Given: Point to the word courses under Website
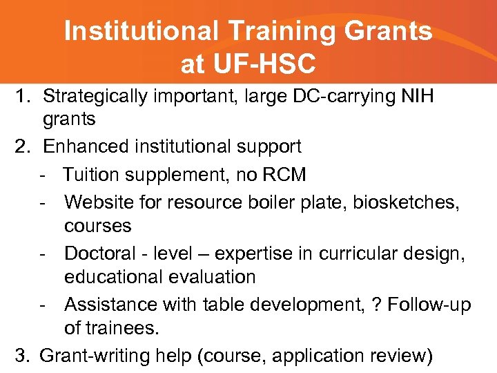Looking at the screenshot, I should (x=97, y=226).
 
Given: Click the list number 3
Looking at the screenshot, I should (x=23, y=355).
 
